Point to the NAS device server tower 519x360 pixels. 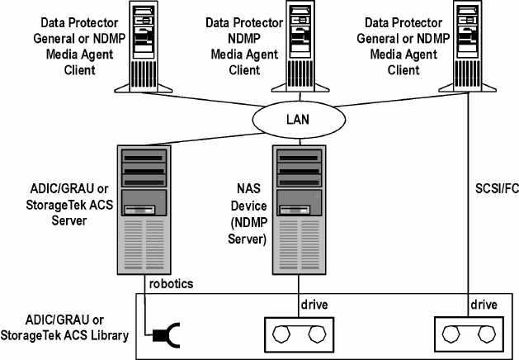(x=296, y=210)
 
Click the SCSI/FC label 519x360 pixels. (x=496, y=187)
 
